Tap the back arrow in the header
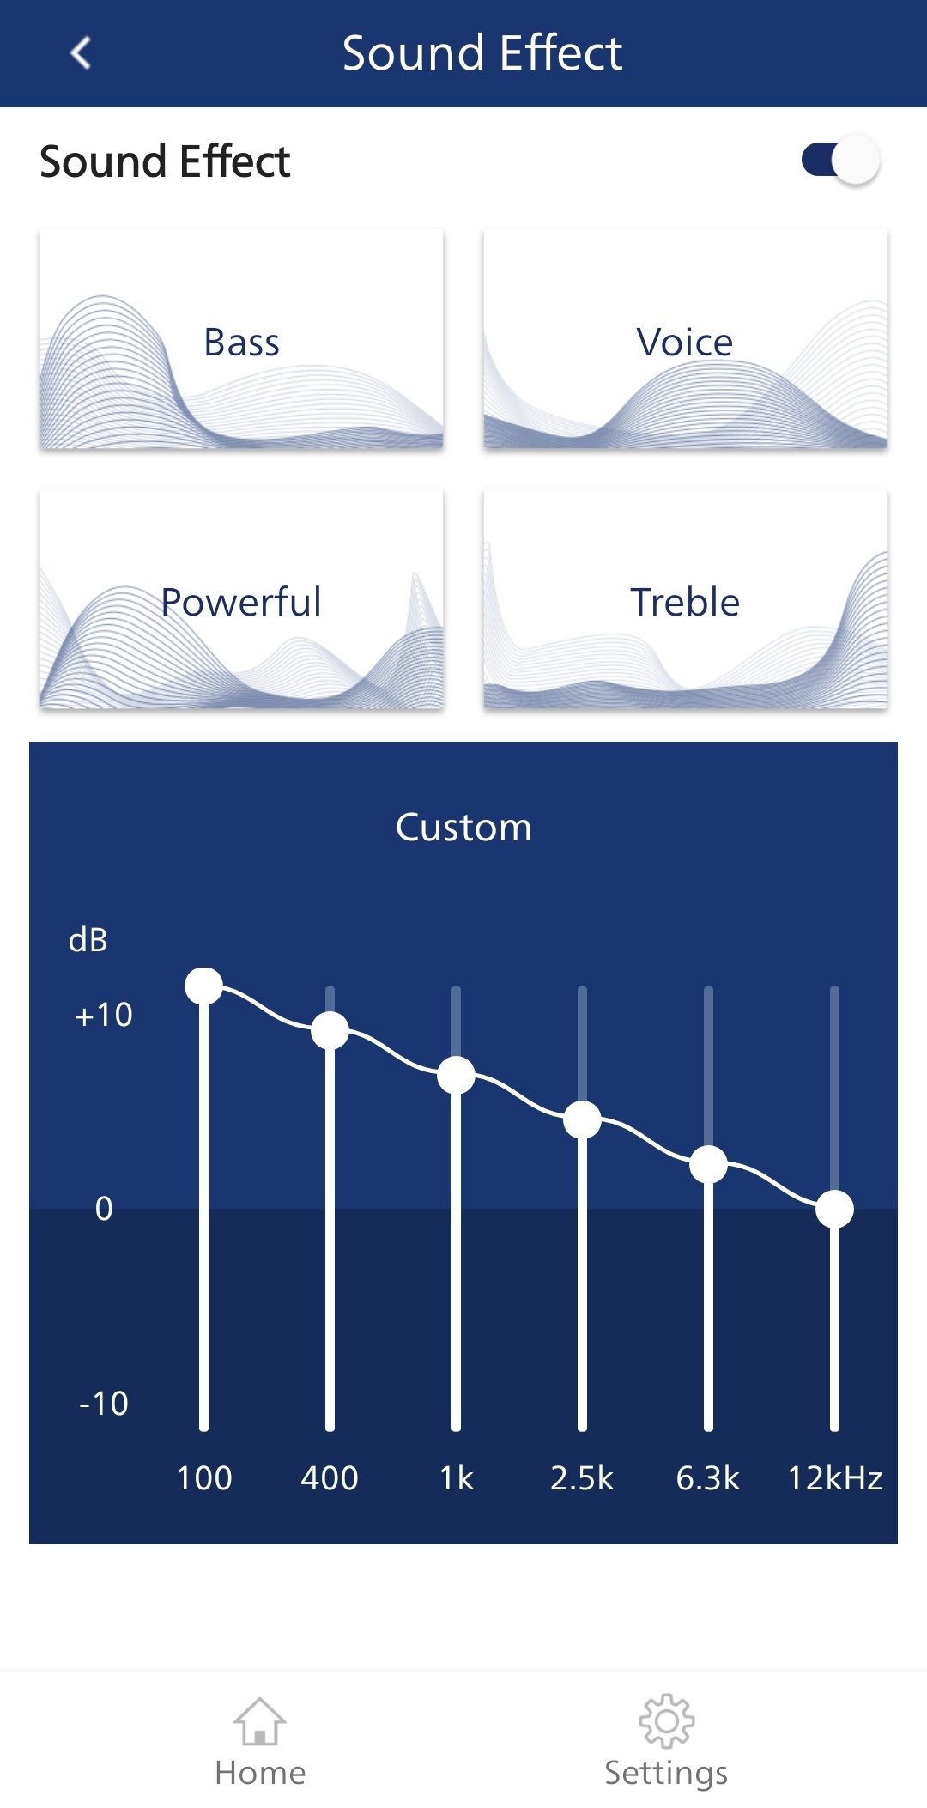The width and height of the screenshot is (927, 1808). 81,52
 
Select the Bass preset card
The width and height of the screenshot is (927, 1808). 241,339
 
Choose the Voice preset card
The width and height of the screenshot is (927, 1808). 685,339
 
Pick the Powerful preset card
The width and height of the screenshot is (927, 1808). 241,599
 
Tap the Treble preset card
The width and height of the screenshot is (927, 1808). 685,599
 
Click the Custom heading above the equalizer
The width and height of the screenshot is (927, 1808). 463,828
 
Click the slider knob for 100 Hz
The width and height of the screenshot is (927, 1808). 203,986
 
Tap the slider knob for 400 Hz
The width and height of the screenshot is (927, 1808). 330,1030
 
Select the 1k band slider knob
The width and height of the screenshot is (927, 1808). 456,1075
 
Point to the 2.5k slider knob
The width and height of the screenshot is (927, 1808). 582,1119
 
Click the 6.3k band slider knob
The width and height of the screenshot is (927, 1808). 708,1164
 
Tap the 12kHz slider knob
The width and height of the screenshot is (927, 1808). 834,1209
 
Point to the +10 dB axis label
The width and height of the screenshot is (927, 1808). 104,1015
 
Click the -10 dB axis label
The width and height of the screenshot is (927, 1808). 104,1404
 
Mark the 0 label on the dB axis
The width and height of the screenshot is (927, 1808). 104,1209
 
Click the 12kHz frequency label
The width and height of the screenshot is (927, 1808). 835,1478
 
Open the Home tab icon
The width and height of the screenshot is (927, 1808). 260,1721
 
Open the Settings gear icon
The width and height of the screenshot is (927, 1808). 667,1720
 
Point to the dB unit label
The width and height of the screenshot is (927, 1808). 88,940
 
